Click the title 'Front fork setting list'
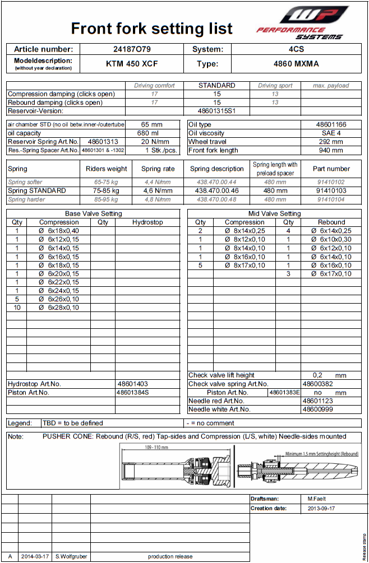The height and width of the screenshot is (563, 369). [x=151, y=29]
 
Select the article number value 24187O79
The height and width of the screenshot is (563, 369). [x=132, y=49]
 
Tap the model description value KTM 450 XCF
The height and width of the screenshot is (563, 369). [x=132, y=64]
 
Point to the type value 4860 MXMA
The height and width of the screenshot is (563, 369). [x=296, y=64]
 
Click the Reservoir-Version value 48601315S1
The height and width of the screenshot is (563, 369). [x=216, y=111]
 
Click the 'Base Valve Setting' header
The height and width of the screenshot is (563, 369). [x=94, y=213]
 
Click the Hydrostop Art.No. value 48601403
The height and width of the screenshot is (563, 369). [x=132, y=384]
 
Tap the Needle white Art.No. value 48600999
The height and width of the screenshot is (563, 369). [x=317, y=410]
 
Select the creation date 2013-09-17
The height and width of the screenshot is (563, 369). [x=321, y=509]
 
